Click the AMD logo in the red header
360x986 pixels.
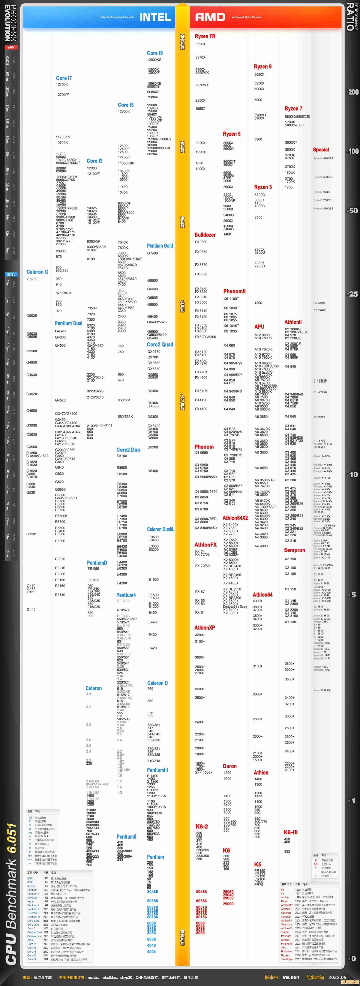210,17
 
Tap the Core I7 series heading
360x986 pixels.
64,78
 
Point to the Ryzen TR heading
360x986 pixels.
205,36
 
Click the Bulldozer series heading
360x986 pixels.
205,235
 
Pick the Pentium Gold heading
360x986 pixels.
160,246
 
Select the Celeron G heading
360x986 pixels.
37,272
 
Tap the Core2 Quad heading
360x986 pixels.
160,344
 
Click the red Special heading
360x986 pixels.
321,150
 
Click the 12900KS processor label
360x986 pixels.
154,60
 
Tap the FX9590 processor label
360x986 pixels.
201,242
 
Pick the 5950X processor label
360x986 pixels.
259,75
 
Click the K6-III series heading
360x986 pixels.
290,832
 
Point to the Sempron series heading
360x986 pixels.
295,550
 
